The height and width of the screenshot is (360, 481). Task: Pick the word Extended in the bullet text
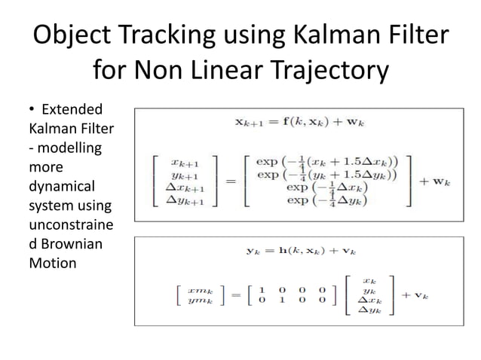click(x=72, y=109)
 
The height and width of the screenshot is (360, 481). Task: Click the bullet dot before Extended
click(x=31, y=110)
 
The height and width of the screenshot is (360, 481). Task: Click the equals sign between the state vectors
click(x=230, y=181)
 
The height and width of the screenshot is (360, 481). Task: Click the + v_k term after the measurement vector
click(x=414, y=295)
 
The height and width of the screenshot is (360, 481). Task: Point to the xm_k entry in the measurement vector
click(x=200, y=289)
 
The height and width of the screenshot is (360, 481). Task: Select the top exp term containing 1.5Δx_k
click(x=327, y=160)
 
